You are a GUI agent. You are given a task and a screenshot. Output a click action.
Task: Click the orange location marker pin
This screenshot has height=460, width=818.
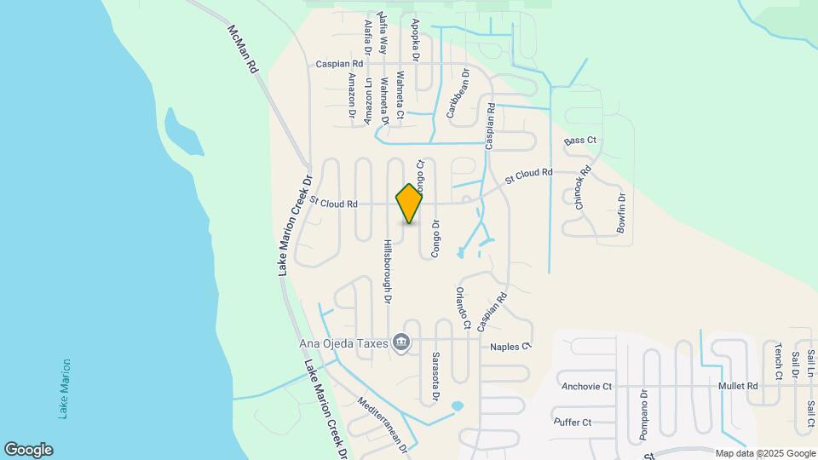point(410,203)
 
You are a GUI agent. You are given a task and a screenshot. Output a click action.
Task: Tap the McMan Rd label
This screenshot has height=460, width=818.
point(242,49)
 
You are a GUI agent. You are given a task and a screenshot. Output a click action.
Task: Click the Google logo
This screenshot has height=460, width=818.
point(28,449)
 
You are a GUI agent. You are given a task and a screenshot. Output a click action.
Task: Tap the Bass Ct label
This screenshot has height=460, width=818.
point(580,140)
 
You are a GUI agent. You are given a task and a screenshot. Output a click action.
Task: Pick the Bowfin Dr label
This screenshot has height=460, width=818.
point(622,214)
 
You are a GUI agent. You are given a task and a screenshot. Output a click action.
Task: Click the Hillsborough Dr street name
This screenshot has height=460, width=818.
point(387,272)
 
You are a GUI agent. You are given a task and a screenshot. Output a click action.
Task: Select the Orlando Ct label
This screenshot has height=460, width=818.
point(462,308)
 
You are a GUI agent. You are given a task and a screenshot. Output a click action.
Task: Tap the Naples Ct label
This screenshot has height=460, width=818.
point(510,347)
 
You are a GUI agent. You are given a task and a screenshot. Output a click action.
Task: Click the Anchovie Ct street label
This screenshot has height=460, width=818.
point(587,386)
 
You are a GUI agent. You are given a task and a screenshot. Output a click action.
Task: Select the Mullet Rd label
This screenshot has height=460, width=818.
point(737,386)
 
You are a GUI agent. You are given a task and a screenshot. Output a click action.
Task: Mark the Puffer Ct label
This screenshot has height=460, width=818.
point(573,422)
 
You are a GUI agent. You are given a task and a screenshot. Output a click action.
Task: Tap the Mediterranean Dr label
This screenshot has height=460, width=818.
point(384,424)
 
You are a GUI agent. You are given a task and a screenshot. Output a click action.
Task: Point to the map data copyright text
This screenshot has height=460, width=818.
point(763,453)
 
